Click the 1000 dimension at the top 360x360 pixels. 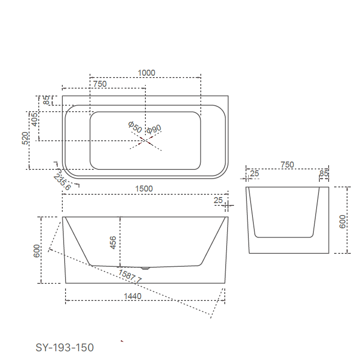[x=146, y=72]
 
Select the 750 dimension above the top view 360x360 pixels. [x=100, y=84]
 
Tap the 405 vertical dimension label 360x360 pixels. [x=34, y=122]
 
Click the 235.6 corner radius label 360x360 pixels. [x=62, y=182]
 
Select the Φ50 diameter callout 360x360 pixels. [x=135, y=127]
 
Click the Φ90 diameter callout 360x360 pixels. [x=154, y=129]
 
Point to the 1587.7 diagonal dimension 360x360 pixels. [x=130, y=276]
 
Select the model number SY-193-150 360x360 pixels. [x=65, y=348]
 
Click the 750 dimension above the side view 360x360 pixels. [x=287, y=165]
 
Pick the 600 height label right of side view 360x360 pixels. [x=342, y=221]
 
